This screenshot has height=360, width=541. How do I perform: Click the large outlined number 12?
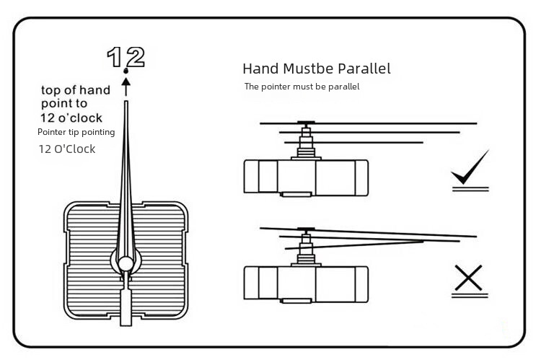pos(126,56)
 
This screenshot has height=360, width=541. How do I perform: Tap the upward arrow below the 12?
pos(126,87)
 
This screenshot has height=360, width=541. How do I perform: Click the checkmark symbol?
pos(470,167)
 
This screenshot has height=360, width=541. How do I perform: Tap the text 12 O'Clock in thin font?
pos(66,149)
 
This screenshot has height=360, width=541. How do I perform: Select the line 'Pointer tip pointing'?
pos(76,132)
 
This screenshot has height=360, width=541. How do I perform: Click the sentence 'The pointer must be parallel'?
pos(302,87)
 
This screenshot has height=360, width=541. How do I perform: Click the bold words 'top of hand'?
pos(76,90)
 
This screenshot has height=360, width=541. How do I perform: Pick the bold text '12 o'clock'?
pos(71,118)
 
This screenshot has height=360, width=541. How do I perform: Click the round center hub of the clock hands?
pos(126,262)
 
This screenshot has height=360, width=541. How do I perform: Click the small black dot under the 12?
pos(126,72)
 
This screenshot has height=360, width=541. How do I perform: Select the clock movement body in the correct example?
pos(307,177)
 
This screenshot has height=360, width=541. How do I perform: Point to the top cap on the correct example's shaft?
pos(307,122)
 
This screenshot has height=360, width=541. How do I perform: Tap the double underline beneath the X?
pos(470,294)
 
